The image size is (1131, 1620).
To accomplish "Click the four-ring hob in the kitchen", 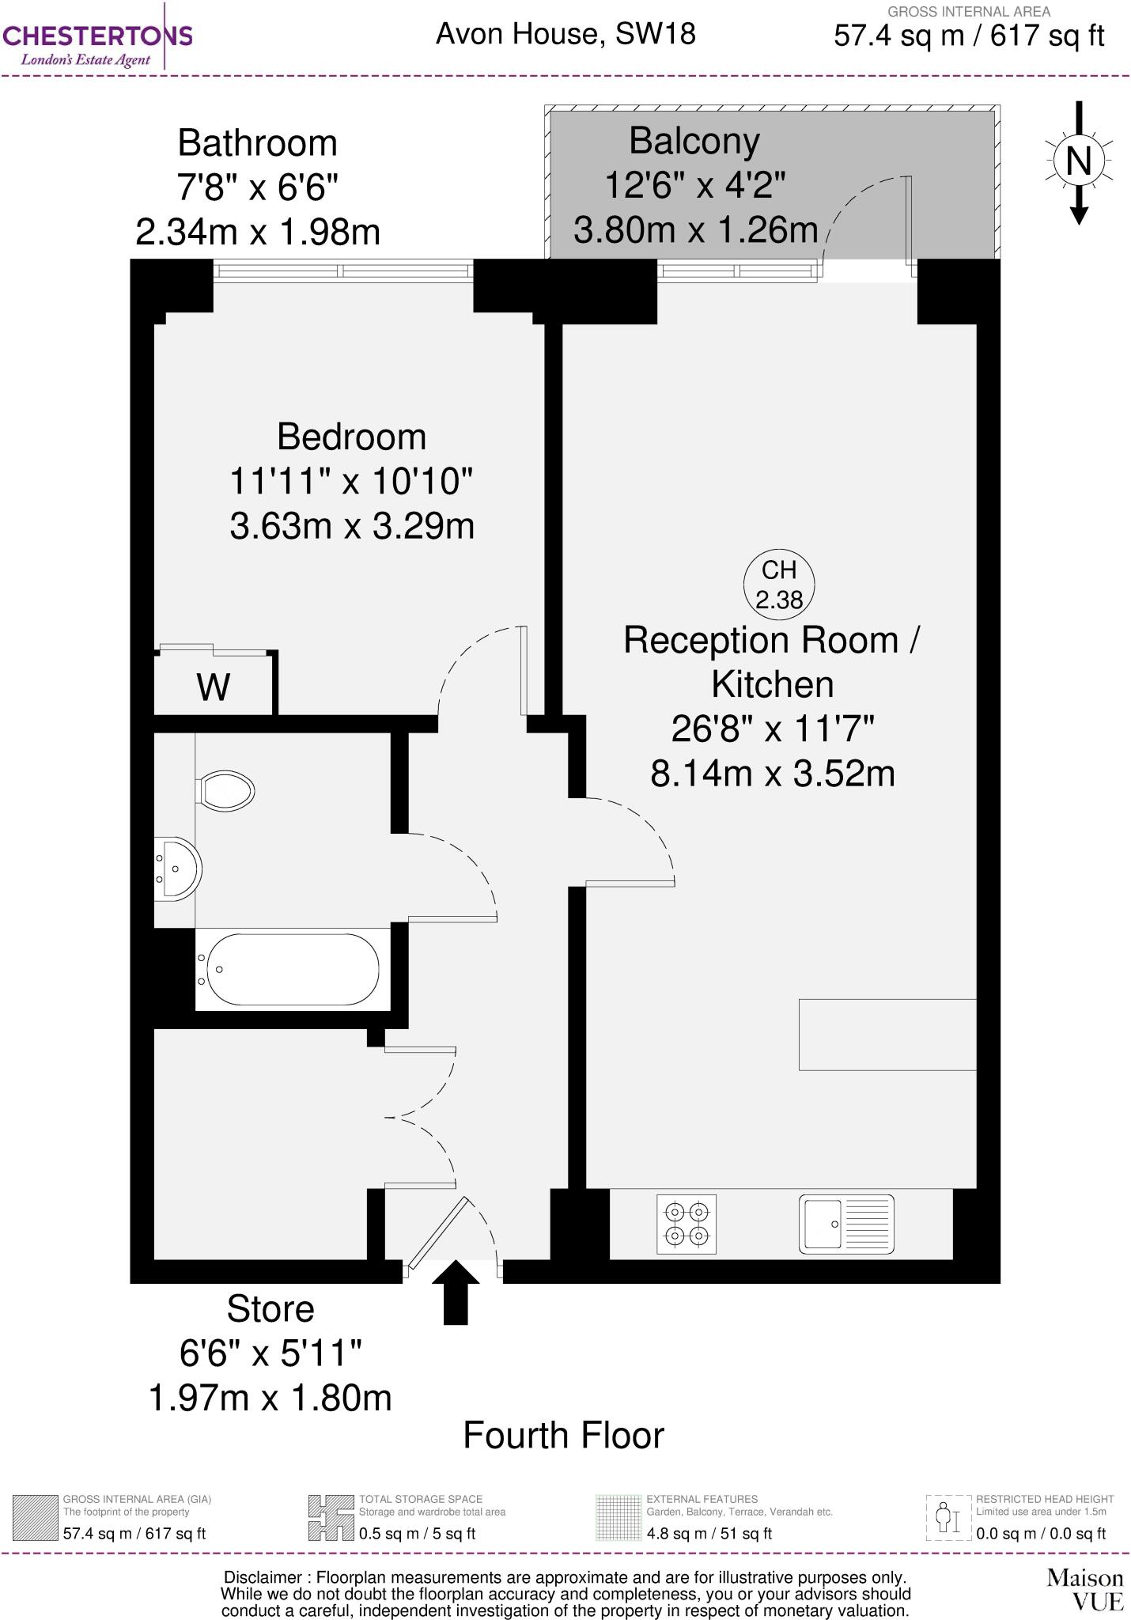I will [x=687, y=1223].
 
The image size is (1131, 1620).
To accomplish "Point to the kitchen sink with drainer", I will [x=845, y=1224].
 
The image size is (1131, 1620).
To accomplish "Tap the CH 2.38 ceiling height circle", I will [x=779, y=585].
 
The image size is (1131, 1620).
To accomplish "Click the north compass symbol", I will [x=1079, y=162].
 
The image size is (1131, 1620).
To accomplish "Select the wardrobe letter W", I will [x=214, y=687].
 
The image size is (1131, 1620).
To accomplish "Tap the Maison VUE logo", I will [x=1084, y=1589].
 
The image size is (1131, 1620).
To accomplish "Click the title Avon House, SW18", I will [x=565, y=34].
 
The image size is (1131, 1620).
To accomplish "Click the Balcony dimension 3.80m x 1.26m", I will [x=694, y=230].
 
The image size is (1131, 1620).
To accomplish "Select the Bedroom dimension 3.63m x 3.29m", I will [x=352, y=525].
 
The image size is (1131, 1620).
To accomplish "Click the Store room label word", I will [x=270, y=1309].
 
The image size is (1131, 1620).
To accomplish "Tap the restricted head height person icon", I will [x=948, y=1517].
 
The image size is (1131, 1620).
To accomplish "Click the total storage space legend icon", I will [x=331, y=1517].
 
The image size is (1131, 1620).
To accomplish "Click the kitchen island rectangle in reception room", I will [x=887, y=1034].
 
